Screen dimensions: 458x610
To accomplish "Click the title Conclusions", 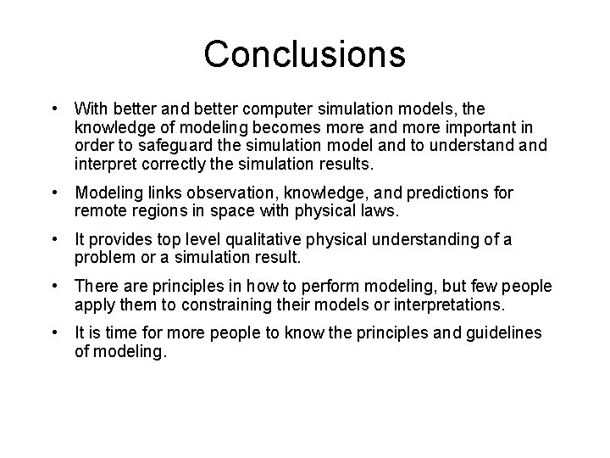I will click(x=304, y=53).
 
